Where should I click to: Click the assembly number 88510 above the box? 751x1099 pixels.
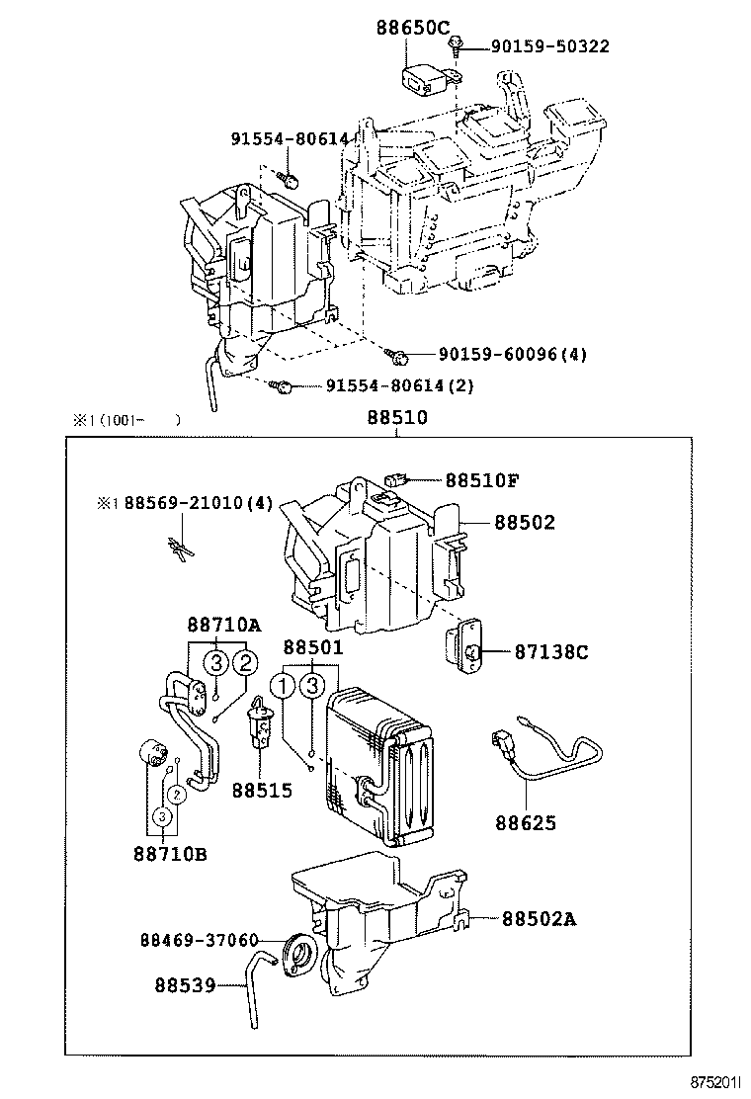click(x=397, y=418)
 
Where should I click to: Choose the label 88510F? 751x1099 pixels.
click(x=481, y=480)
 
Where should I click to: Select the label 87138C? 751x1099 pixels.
click(x=550, y=652)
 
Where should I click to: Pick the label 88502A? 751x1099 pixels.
click(x=539, y=919)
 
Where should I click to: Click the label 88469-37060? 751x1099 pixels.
click(x=200, y=940)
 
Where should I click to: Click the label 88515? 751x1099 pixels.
click(x=262, y=791)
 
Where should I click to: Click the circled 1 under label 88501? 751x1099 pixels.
click(x=285, y=686)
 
